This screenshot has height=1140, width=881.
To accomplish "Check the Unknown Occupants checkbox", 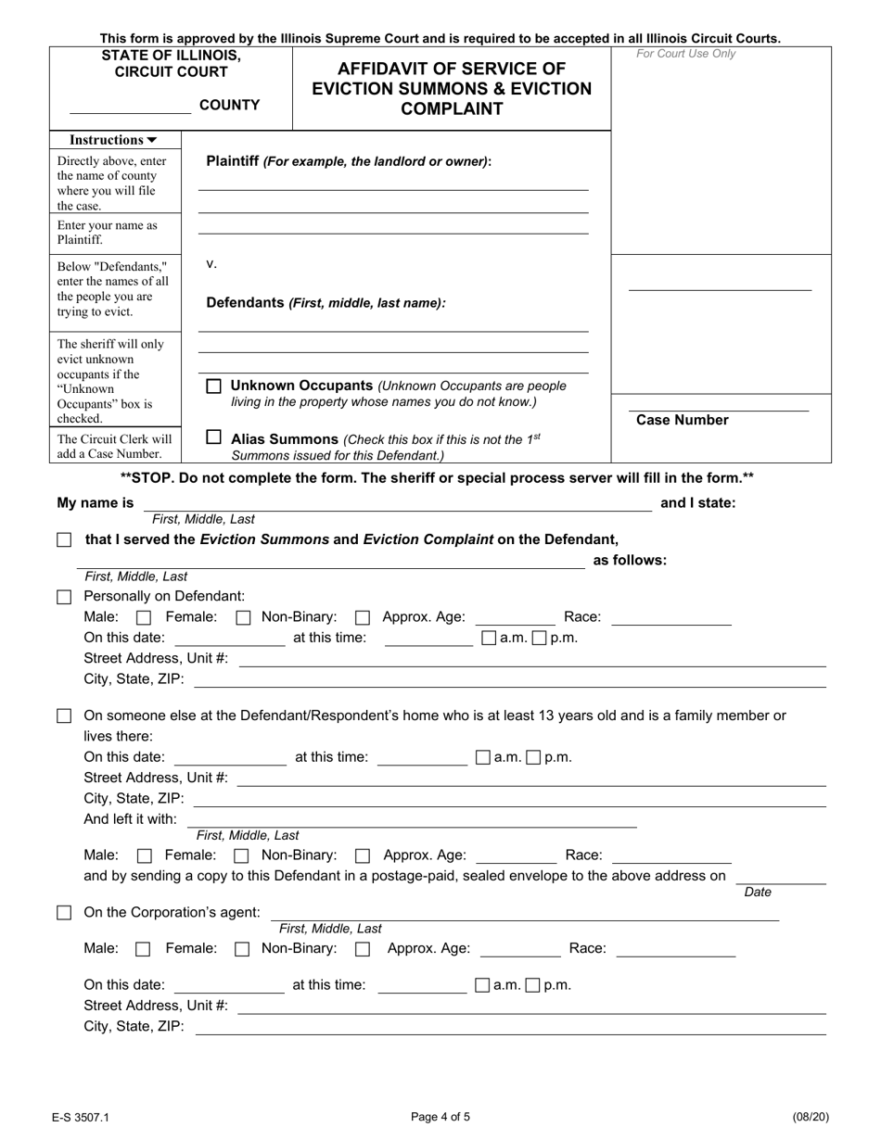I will point(213,386).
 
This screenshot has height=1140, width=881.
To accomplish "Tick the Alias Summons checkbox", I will point(213,437).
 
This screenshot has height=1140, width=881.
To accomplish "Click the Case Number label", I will point(682,420).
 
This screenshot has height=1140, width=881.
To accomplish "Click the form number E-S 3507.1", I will point(81,1117).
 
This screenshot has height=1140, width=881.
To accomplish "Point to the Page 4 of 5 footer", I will point(440,1117).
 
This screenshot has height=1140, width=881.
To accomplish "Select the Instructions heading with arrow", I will point(114,140).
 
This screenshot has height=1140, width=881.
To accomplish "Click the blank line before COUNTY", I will point(130,110).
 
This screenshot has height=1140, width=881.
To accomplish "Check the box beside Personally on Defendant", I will point(64,597).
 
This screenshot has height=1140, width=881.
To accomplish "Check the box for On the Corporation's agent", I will point(64,913).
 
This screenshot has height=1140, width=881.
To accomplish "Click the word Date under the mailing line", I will point(758,892).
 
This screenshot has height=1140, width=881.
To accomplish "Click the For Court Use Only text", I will point(685,54).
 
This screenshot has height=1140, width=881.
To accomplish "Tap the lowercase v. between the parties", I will point(211,264).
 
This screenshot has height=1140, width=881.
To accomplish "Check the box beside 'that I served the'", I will point(64,539).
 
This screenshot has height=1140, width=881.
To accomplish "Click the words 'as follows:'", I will point(630,560).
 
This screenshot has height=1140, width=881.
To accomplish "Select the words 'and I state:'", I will point(697,503).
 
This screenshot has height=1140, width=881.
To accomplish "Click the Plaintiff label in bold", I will point(232,160).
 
